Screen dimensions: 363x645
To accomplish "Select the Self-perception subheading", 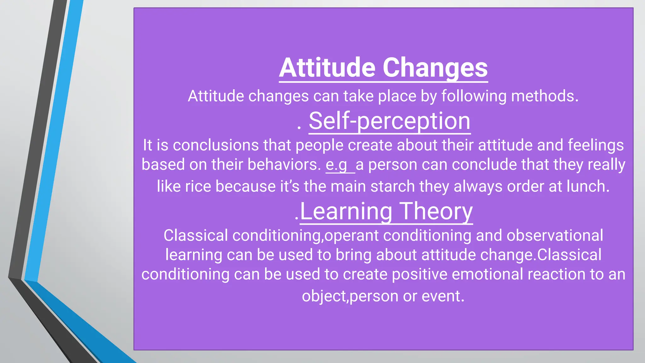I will [x=389, y=121].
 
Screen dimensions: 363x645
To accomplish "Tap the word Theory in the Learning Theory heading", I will [x=436, y=211].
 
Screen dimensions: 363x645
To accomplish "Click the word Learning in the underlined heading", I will [x=346, y=211].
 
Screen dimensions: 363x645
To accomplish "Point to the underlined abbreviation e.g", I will [x=336, y=165].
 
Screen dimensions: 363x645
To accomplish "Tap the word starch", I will [x=392, y=186].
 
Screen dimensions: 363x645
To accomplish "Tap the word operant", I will [x=351, y=236].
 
